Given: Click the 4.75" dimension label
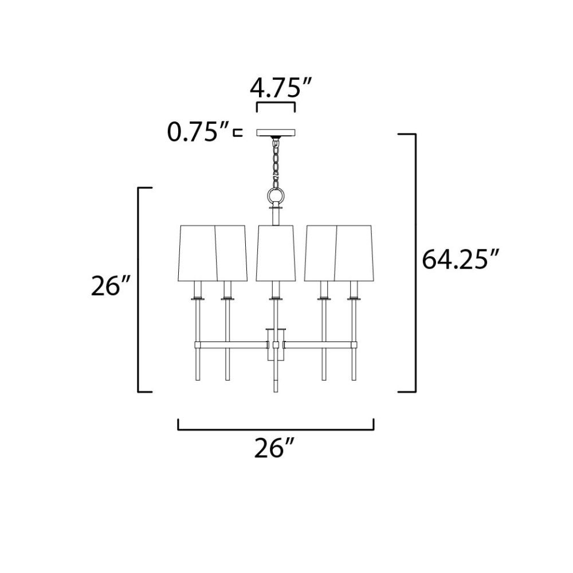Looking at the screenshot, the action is click(x=280, y=88).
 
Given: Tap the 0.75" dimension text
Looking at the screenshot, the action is click(x=198, y=132).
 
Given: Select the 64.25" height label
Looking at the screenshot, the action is click(x=460, y=259).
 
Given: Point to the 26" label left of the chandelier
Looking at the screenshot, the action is click(x=110, y=285).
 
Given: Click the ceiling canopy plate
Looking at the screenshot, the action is click(x=276, y=132).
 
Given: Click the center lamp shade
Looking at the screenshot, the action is click(x=276, y=253).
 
